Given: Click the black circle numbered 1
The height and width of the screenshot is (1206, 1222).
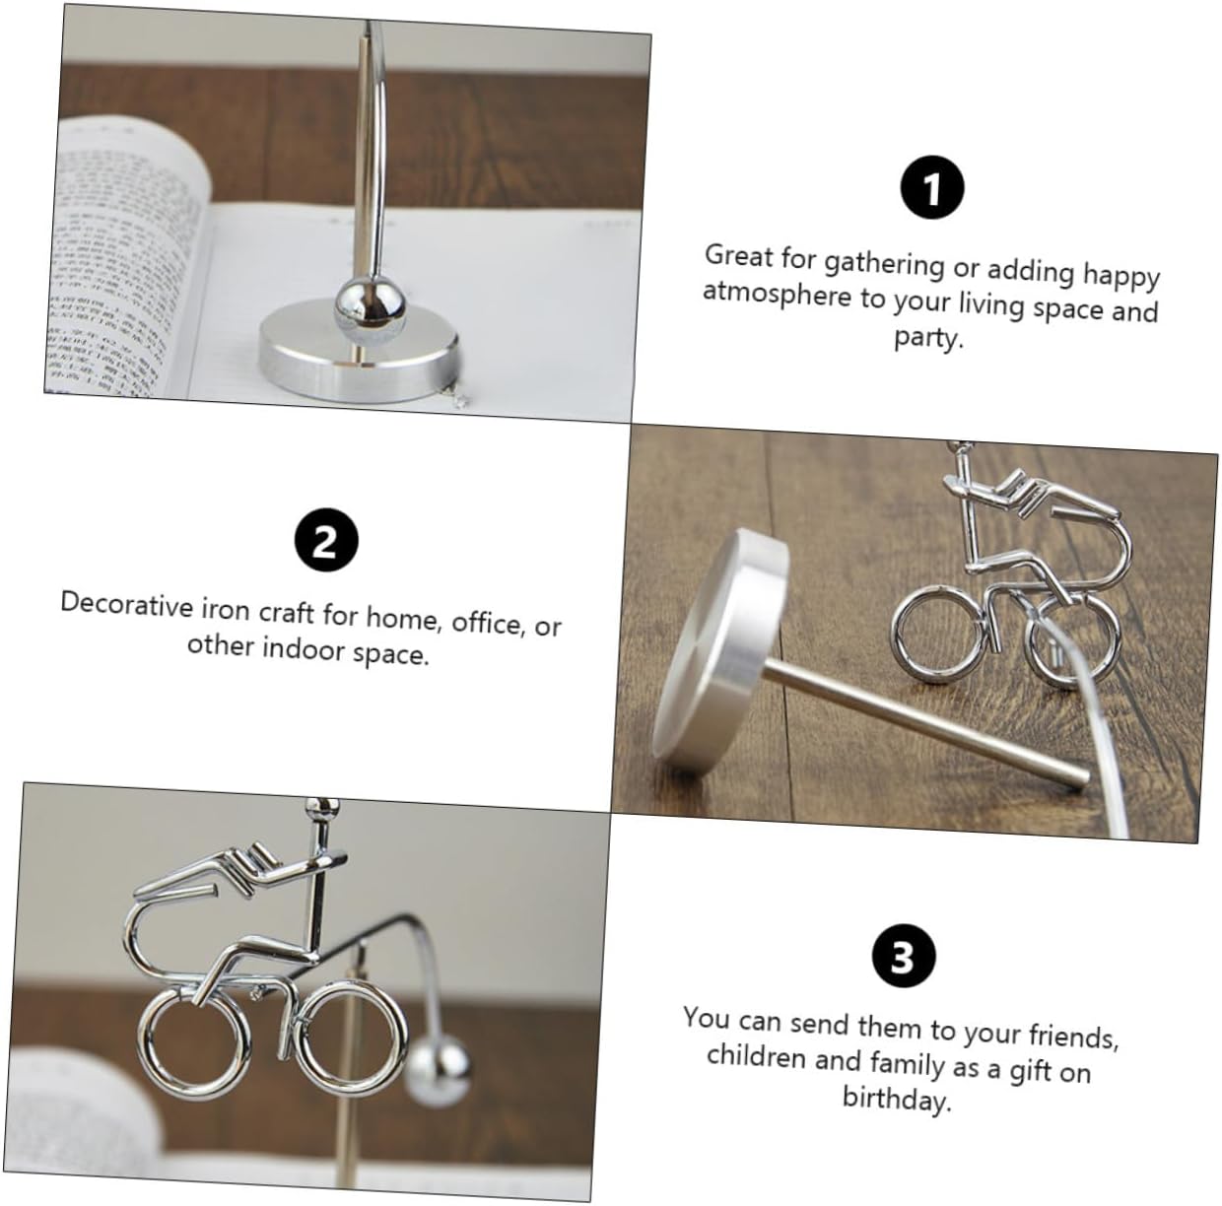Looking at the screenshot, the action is tap(931, 187).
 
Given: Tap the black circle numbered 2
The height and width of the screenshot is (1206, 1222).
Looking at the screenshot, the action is tap(326, 540).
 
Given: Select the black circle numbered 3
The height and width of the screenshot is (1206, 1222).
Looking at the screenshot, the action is tap(904, 957).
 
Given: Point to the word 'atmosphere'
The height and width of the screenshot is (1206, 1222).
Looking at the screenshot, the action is tap(777, 295).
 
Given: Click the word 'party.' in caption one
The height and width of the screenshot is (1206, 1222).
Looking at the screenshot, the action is tap(928, 338).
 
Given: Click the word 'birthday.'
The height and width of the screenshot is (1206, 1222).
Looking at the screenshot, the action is tap(897, 1098).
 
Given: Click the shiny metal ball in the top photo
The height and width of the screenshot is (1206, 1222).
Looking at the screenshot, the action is tap(370, 305).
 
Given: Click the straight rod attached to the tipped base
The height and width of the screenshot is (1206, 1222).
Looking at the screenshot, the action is tap(925, 729).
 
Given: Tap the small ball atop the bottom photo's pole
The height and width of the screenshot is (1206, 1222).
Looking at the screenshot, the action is tap(321, 809).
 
